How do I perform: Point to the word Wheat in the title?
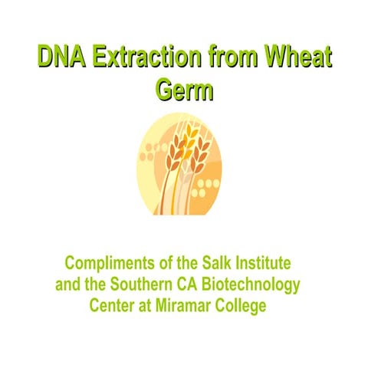click(299, 57)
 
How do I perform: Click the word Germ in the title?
click(184, 90)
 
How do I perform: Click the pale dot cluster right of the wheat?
click(209, 187)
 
